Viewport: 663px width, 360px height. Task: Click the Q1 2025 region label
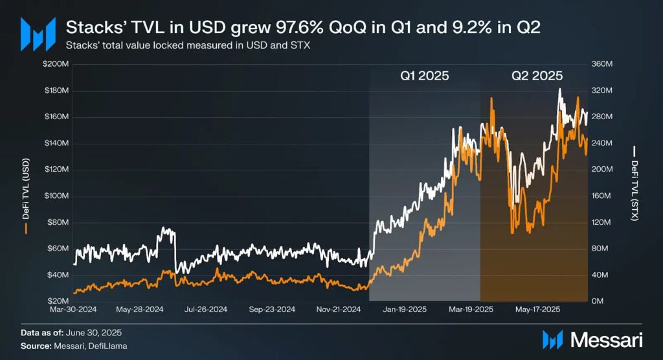(424, 76)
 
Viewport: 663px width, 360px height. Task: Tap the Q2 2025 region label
(537, 76)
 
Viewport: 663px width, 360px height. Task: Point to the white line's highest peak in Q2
(559, 89)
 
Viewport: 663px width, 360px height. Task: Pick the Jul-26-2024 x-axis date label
(205, 309)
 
